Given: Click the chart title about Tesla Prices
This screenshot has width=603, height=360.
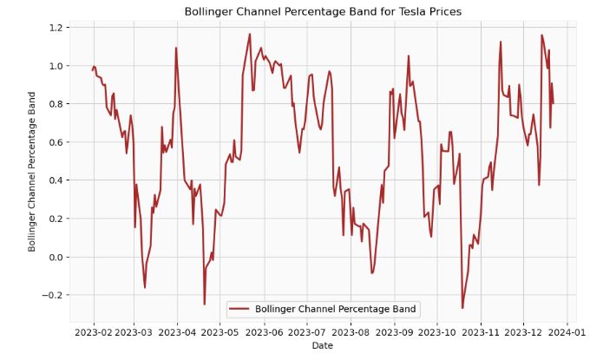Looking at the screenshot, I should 323,11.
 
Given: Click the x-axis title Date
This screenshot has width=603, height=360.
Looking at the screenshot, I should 323,345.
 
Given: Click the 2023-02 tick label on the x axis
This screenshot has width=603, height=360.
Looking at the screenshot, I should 94,331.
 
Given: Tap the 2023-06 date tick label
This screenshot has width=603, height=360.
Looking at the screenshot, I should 264,331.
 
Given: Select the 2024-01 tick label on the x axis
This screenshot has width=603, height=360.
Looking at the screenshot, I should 567,331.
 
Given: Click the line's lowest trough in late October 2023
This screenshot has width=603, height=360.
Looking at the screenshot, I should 462,307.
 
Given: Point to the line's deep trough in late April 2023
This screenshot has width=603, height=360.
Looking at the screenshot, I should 205,304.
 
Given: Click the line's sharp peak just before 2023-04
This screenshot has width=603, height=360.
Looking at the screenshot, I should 176,48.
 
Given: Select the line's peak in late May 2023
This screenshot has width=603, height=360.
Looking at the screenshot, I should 250,35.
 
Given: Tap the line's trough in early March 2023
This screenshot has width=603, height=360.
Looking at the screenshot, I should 145,287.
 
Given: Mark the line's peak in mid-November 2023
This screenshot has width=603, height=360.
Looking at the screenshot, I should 501,42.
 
